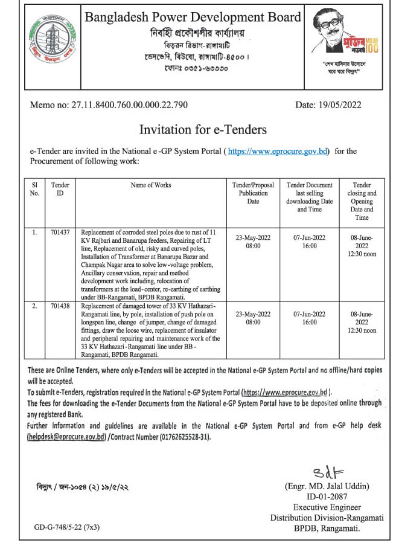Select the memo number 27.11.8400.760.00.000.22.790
point(109,106)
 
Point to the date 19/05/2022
point(328,106)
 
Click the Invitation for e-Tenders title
point(203,129)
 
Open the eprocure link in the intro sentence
point(279,151)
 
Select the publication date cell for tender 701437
point(253,242)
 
